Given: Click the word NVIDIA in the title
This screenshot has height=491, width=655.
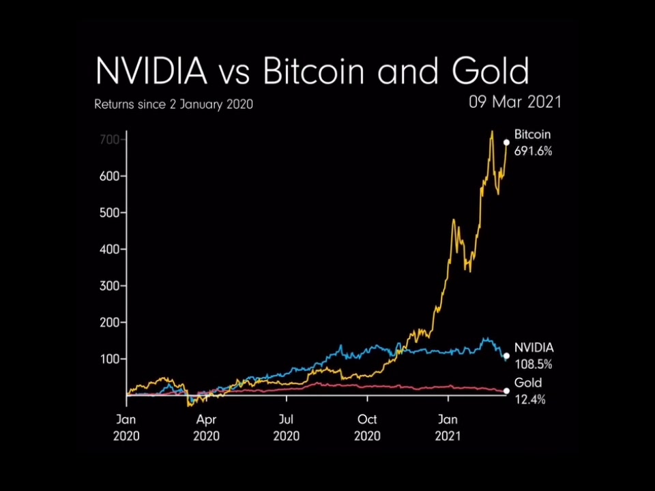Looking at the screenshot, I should [151, 71].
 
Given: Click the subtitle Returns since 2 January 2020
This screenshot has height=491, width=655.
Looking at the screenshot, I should [173, 105].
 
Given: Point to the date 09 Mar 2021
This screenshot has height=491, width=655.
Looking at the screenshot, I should [514, 102].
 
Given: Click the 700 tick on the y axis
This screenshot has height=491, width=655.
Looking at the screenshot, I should [110, 139].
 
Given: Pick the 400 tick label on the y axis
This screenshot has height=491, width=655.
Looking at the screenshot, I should [110, 249].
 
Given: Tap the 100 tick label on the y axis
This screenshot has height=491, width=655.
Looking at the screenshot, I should [110, 359].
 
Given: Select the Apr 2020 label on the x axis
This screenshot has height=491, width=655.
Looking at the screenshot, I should [207, 428].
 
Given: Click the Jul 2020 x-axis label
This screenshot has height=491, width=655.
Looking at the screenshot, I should [287, 428].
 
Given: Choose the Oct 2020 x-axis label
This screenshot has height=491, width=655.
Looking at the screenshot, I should [367, 428].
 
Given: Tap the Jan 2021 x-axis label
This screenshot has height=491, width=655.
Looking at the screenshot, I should [448, 428].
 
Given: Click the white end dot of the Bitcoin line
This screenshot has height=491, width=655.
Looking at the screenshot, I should [506, 143].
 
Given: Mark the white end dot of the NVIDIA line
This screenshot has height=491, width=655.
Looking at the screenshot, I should [506, 356].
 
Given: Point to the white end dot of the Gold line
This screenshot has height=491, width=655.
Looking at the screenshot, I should [506, 391].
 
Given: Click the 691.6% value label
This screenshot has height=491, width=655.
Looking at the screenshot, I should [533, 151].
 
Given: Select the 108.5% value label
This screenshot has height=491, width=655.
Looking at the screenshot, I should [533, 364].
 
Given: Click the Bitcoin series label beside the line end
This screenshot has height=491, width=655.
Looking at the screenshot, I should [532, 135].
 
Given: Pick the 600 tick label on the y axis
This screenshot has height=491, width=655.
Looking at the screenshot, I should [110, 176].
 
